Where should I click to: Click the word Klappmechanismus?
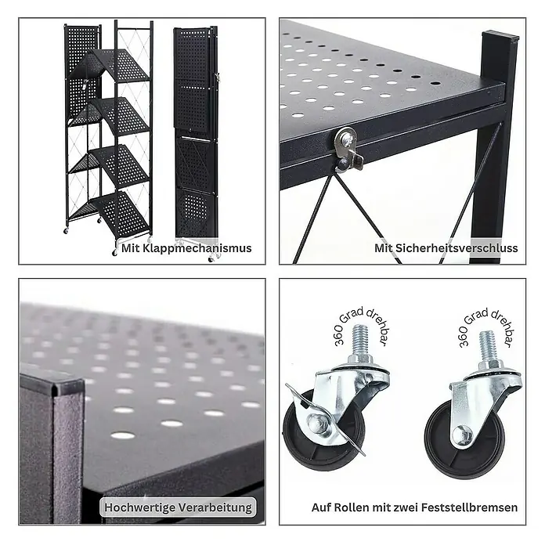point(197,248)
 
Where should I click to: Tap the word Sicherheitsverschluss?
point(457,248)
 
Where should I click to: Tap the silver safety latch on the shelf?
point(348,149)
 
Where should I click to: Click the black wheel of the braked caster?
point(323,431)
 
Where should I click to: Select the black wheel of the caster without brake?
point(464,439)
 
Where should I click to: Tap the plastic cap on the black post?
point(500,38)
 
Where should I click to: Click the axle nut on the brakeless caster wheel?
point(462,435)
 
